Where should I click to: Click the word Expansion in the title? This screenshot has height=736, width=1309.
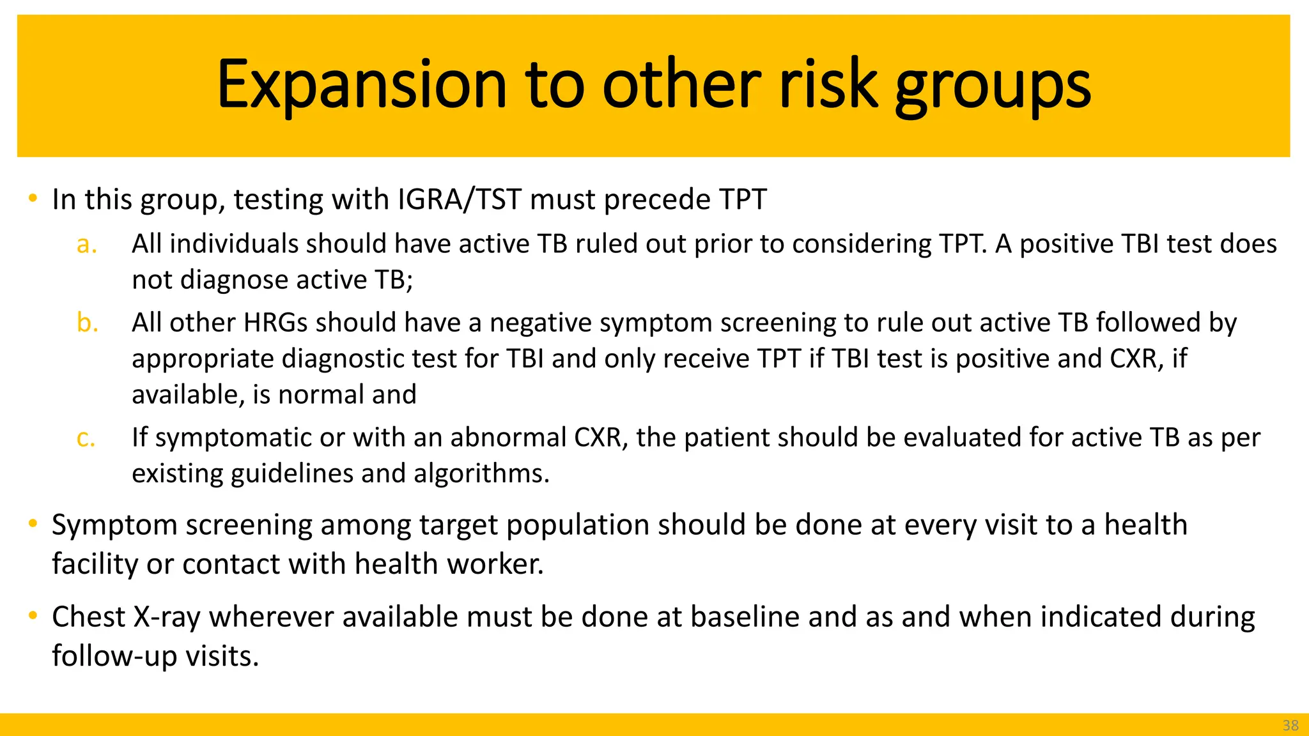pyautogui.click(x=362, y=86)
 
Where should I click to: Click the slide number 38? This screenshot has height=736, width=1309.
pyautogui.click(x=1290, y=725)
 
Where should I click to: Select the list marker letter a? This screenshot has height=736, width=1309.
pyautogui.click(x=86, y=245)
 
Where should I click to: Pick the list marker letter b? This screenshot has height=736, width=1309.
pyautogui.click(x=87, y=323)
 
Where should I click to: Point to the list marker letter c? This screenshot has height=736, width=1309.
pyautogui.click(x=86, y=438)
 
